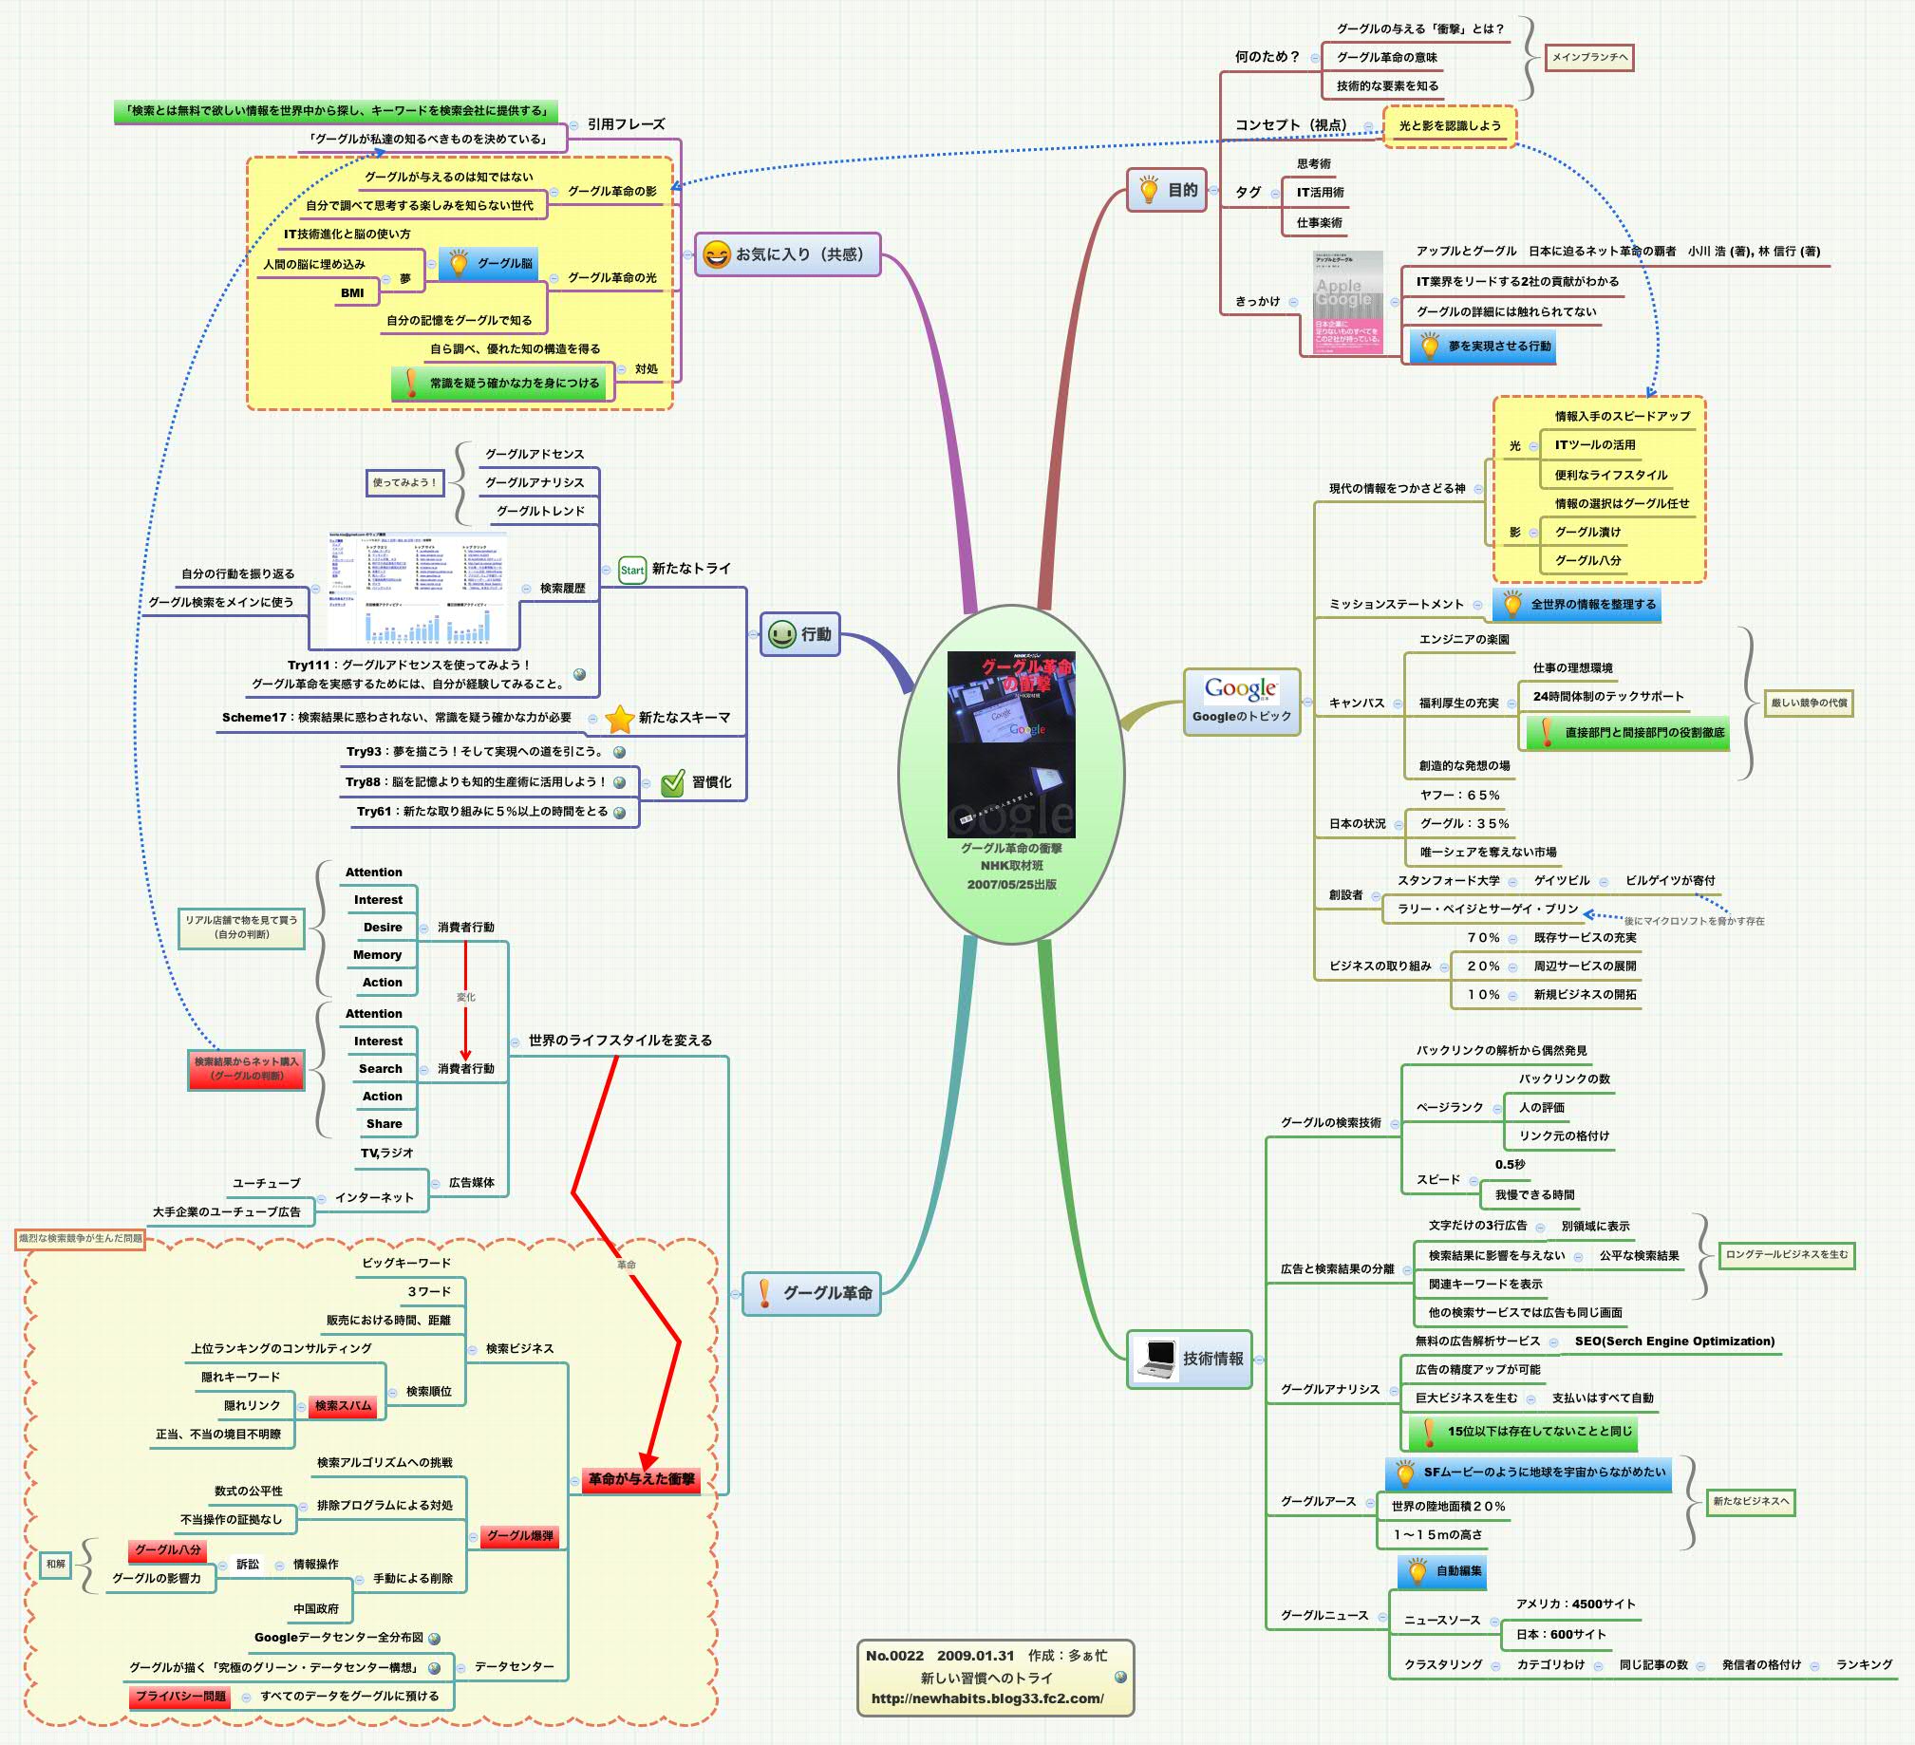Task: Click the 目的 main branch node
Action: point(1167,190)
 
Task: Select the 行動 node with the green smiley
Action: point(799,633)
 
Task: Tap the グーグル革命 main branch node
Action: point(811,1293)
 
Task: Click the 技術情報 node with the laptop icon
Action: point(1191,1359)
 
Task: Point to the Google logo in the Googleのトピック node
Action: point(1241,687)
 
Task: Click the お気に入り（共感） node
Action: point(787,253)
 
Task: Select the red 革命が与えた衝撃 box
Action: point(641,1479)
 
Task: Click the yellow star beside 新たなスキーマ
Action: point(619,718)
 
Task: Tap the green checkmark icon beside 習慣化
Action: point(672,782)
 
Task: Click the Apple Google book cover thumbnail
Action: point(1347,302)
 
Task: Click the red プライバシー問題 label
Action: point(179,1696)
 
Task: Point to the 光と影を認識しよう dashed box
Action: point(1450,125)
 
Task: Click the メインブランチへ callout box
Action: point(1589,57)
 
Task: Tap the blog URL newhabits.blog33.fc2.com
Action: point(987,1698)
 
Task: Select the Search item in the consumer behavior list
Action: point(380,1069)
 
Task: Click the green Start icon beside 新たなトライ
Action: point(631,569)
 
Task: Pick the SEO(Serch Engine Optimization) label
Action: point(1674,1342)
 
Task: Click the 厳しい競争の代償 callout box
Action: point(1809,703)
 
